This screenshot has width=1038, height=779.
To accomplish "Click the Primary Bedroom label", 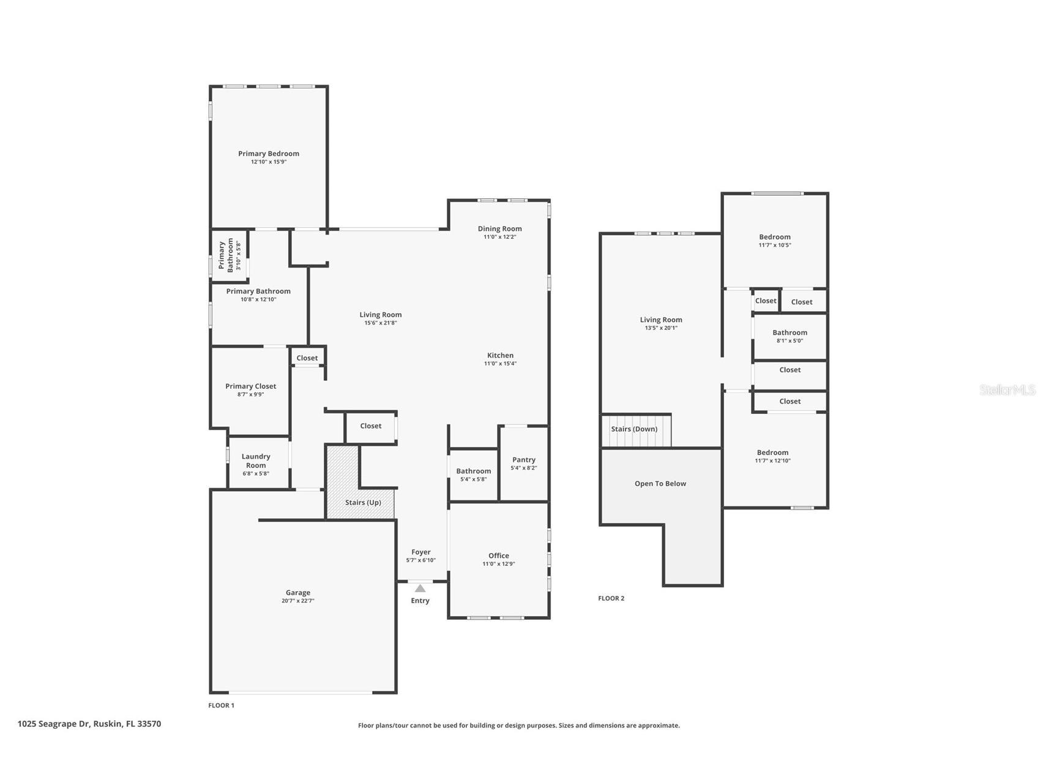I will (269, 154).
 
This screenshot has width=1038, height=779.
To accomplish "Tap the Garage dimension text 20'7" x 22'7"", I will (298, 601).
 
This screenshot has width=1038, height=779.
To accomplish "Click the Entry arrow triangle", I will (420, 588).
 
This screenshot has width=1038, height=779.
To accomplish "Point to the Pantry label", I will (523, 459).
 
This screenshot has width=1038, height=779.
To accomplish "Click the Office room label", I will (498, 555).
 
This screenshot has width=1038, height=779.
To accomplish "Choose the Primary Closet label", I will (250, 386).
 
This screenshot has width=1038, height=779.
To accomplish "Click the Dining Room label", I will (499, 228).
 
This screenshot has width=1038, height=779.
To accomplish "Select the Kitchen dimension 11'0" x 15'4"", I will (500, 364).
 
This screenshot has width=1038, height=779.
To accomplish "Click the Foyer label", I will (420, 552).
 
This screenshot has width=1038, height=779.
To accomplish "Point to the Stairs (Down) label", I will (634, 429).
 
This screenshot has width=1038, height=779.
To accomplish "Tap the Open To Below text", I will (660, 483).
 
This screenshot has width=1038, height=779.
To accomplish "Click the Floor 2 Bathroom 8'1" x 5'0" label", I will (790, 333).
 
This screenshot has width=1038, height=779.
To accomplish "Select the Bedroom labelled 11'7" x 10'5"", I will (774, 237).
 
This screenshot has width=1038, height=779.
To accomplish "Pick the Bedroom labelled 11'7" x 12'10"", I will (772, 453).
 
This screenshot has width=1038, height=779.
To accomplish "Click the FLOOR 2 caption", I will (611, 598).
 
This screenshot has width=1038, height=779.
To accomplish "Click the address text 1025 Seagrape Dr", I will (54, 723).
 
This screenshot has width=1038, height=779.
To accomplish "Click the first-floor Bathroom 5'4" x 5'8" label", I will (473, 471).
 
